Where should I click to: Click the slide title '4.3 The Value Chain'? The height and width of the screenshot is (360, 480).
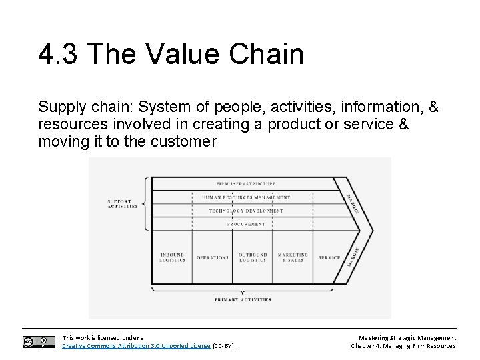click(x=171, y=53)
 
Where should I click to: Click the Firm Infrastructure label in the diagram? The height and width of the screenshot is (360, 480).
click(x=246, y=183)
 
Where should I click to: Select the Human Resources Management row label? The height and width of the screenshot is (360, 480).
click(x=246, y=197)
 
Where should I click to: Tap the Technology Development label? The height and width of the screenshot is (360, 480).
click(x=246, y=211)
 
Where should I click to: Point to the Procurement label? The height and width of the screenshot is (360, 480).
click(x=246, y=224)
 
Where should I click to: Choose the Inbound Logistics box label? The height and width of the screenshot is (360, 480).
click(x=172, y=257)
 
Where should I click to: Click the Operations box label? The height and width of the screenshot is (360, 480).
click(x=212, y=257)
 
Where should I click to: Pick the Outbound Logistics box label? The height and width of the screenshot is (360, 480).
click(x=252, y=257)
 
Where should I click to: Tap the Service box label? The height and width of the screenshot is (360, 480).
click(x=329, y=257)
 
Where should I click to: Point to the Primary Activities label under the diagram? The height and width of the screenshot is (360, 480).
click(x=243, y=300)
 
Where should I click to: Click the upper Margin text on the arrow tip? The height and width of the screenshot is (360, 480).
click(x=353, y=204)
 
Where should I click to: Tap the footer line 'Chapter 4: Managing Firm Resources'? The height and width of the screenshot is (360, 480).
click(x=404, y=346)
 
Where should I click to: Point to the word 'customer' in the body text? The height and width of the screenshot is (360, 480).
click(x=189, y=141)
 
